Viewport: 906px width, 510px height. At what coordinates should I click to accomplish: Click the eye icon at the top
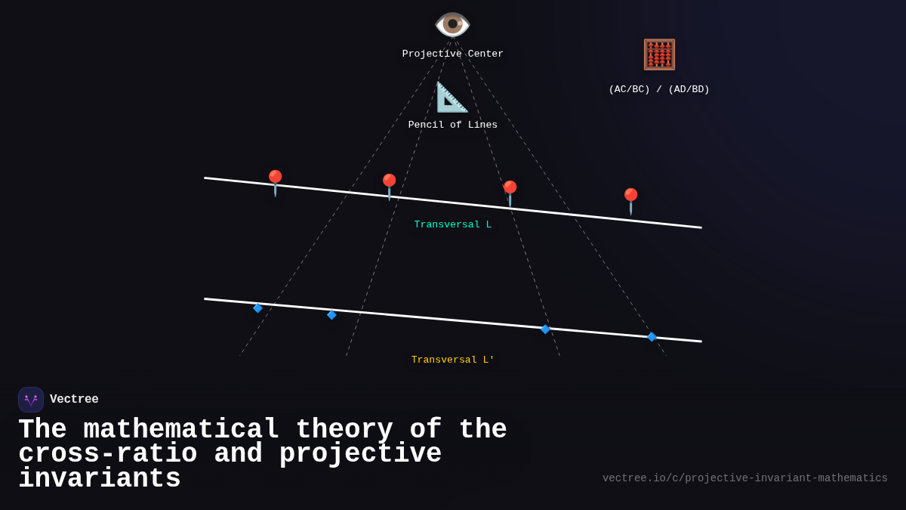(452, 25)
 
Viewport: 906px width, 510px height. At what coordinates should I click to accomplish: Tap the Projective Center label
(452, 54)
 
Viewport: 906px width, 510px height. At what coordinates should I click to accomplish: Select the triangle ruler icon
(452, 97)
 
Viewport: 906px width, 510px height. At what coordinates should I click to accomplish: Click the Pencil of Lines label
(452, 125)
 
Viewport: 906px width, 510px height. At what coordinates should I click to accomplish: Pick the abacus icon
(659, 55)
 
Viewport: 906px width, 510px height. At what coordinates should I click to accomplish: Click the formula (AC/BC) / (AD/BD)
(659, 90)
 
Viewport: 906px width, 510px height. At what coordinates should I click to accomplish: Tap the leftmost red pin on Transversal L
(275, 182)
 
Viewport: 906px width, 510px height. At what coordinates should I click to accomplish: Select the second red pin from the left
(389, 186)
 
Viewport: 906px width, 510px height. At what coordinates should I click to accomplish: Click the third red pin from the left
(510, 193)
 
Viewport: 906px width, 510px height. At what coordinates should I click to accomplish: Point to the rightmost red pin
(630, 200)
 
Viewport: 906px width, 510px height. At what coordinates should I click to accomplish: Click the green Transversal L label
(452, 225)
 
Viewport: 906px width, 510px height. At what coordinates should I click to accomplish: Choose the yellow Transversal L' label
(452, 360)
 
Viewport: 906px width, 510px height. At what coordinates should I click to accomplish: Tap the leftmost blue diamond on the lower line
(257, 308)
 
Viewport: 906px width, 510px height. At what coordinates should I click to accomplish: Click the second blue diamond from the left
(331, 315)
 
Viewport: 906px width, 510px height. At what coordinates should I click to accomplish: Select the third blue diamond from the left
(545, 329)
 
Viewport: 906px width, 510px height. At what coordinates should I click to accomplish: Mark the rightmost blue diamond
(652, 337)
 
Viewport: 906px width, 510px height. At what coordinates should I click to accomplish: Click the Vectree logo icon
(31, 400)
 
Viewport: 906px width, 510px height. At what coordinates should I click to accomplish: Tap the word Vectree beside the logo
(74, 400)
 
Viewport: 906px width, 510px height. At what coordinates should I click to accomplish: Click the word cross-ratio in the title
(107, 454)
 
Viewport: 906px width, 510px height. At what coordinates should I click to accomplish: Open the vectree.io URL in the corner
(744, 478)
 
